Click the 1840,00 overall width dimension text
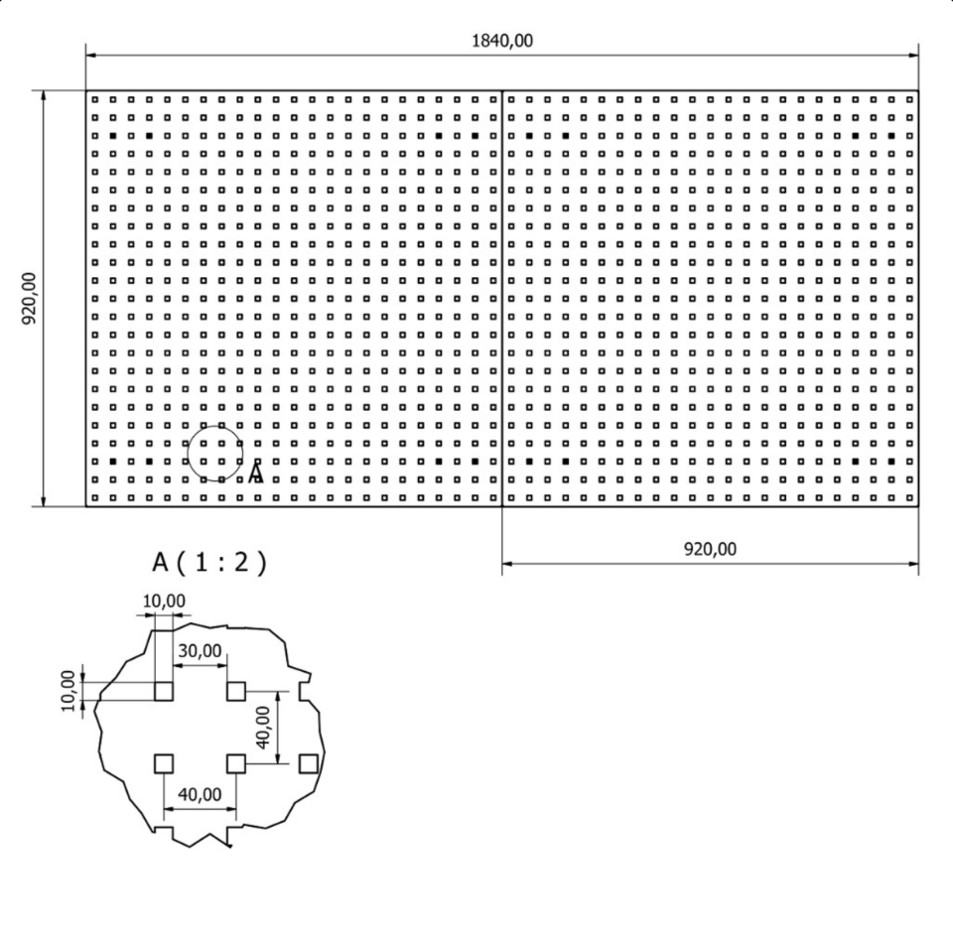[501, 41]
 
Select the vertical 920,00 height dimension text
[29, 298]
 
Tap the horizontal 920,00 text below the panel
[710, 549]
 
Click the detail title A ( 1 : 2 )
[209, 563]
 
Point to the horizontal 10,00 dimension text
[165, 601]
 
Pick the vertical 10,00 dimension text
[68, 690]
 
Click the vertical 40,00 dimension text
[264, 728]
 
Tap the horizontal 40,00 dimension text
[200, 795]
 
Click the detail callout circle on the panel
[214, 454]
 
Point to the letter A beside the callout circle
[256, 473]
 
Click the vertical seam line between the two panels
[502, 298]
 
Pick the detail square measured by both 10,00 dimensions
[164, 691]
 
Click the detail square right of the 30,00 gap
[236, 691]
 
